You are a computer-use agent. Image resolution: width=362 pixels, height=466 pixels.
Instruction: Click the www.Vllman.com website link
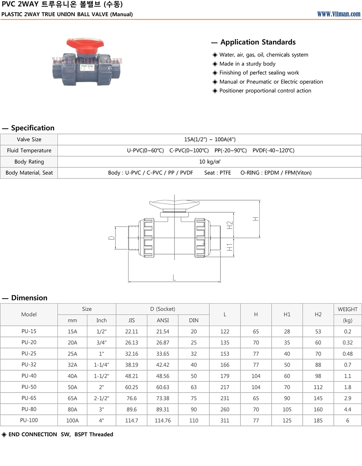pos(339,14)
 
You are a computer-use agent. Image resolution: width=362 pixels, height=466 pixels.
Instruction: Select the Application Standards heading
pos(258,42)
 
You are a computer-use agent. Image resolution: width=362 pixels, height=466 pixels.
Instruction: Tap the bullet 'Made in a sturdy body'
pos(247,64)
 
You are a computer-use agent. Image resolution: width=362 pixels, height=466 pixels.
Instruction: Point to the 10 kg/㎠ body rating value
pos(210,162)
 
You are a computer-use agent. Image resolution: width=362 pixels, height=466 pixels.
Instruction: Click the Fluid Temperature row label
pos(29,151)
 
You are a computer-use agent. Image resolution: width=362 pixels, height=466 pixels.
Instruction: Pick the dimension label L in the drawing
pos(174,277)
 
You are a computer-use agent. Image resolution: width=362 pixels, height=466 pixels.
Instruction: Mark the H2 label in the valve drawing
pos(230,225)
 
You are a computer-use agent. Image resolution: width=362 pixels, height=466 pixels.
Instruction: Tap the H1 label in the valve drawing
pos(230,247)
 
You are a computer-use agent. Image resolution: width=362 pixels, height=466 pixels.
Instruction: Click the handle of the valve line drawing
pos(174,204)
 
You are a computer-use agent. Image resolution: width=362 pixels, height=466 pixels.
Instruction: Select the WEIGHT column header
pos(348,309)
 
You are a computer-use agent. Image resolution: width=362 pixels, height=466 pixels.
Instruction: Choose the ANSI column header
pos(163,321)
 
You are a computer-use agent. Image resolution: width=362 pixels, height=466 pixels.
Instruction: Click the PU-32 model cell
pos(29,365)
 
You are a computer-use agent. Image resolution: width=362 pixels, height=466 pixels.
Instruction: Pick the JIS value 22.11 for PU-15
pos(132,332)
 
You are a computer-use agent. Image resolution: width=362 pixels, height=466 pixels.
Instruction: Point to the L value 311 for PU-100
pos(225,421)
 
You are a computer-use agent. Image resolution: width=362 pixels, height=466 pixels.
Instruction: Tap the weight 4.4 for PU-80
pos(348,410)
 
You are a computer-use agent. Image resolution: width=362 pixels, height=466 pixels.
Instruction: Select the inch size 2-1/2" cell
pos(102,398)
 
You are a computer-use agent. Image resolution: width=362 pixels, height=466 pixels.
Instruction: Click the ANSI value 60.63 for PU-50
pos(163,387)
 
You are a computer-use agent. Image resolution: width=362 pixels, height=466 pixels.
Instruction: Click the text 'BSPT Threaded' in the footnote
pos(94,434)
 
